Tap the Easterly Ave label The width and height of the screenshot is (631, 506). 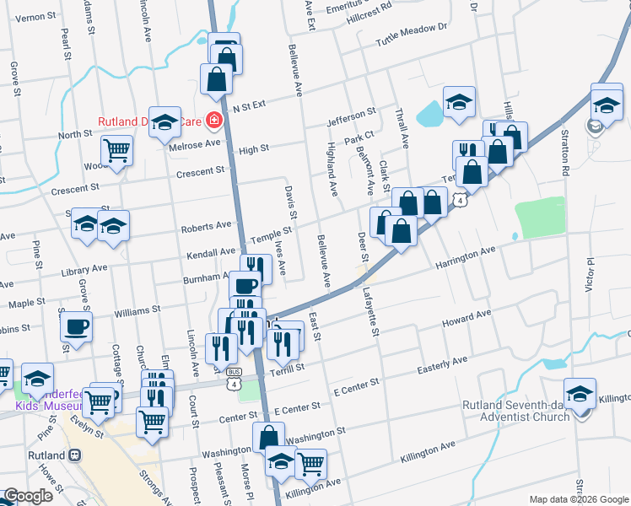(442, 365)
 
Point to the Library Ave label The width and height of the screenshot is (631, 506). (87, 268)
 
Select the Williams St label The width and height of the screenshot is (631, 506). (138, 311)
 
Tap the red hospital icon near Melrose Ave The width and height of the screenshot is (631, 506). (213, 121)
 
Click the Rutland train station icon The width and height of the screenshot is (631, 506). (75, 455)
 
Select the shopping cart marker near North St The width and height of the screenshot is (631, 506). (116, 150)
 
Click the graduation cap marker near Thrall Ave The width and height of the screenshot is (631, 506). (459, 102)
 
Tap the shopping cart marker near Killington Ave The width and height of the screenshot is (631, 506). (310, 461)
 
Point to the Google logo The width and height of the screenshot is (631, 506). (29, 496)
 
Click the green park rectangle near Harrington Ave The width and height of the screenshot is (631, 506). (540, 218)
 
